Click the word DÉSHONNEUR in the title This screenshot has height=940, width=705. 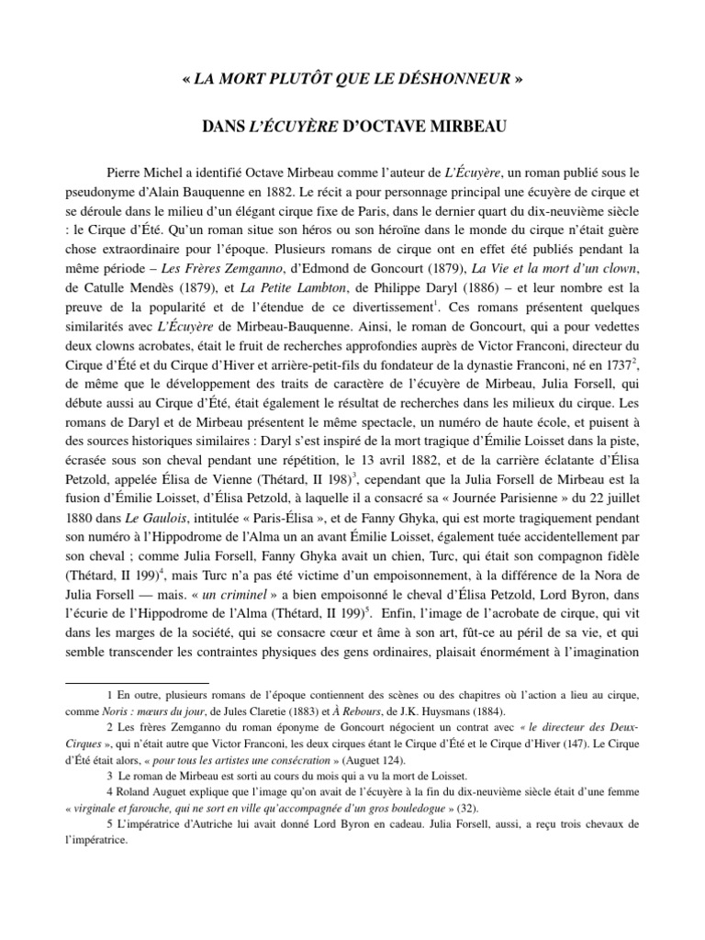point(455,79)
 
